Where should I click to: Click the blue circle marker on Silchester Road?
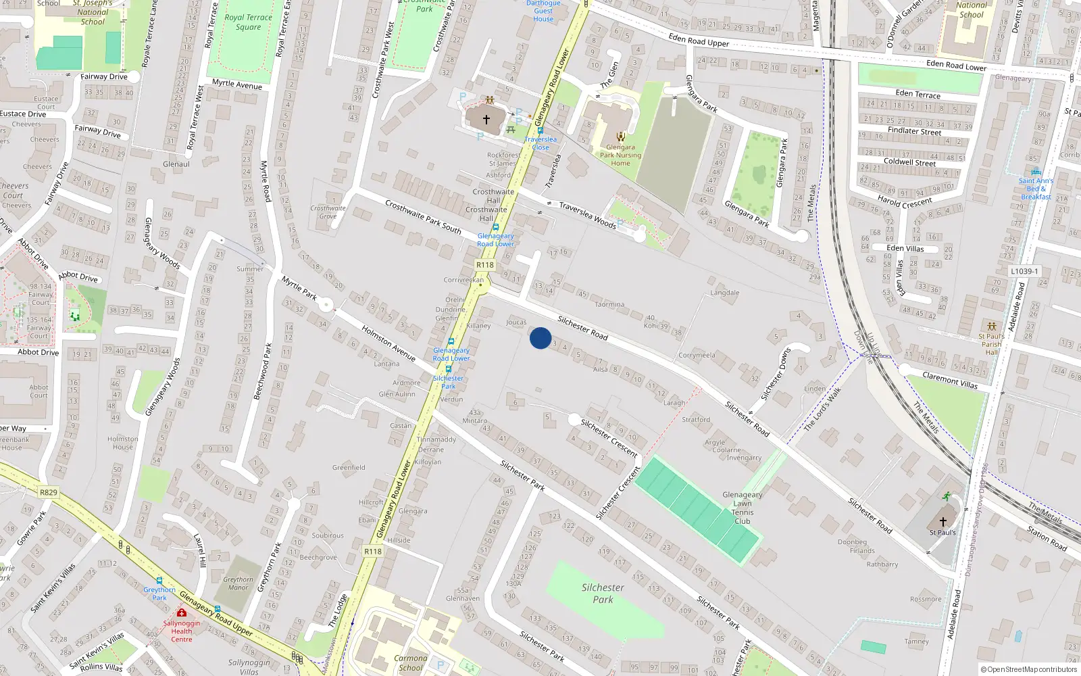click(x=540, y=338)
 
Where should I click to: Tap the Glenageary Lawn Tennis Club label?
click(x=742, y=508)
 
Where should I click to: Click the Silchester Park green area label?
click(x=603, y=594)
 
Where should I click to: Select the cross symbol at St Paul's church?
click(x=943, y=521)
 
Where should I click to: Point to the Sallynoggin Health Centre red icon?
click(x=181, y=612)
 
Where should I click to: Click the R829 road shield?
click(x=48, y=492)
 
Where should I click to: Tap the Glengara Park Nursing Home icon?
click(x=620, y=137)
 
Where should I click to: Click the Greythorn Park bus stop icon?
click(x=159, y=580)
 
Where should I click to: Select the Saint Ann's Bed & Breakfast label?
click(x=1036, y=189)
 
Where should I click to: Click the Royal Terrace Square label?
click(x=248, y=22)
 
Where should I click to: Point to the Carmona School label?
click(x=411, y=662)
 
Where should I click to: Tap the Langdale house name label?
click(x=725, y=293)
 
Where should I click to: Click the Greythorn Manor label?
click(x=238, y=583)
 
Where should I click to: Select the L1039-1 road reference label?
click(x=1024, y=271)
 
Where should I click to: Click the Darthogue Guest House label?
click(x=543, y=11)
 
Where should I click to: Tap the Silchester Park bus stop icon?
click(x=448, y=369)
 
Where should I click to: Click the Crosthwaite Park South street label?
click(x=423, y=216)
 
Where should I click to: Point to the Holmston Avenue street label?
click(x=388, y=343)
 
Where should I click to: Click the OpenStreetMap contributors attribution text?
click(x=1029, y=669)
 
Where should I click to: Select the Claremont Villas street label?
click(x=950, y=381)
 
